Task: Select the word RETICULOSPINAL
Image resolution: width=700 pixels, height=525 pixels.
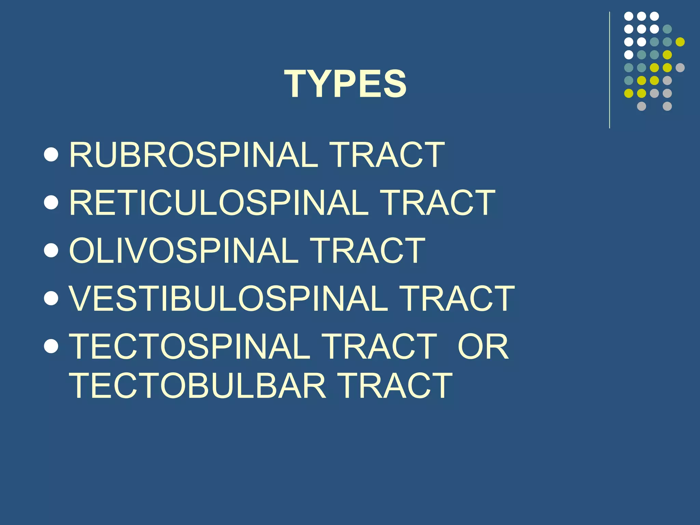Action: pos(219,203)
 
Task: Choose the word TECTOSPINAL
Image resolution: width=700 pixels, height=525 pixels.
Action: pos(190,346)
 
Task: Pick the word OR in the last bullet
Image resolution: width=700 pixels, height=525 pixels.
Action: pos(483,346)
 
